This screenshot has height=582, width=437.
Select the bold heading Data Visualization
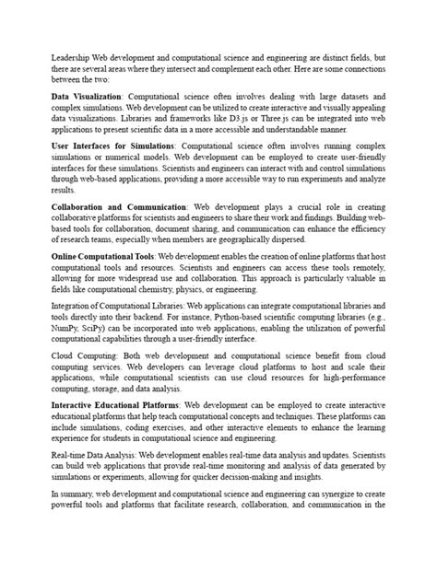tap(87, 96)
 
